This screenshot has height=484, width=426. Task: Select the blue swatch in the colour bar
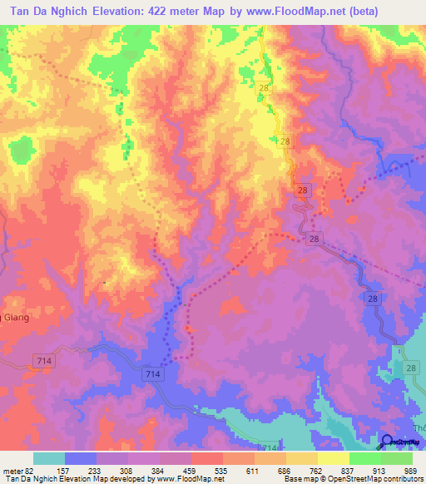[x=81, y=458]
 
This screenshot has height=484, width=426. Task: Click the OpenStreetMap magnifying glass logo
[x=387, y=442]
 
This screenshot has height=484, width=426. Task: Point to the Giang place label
[x=14, y=316]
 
